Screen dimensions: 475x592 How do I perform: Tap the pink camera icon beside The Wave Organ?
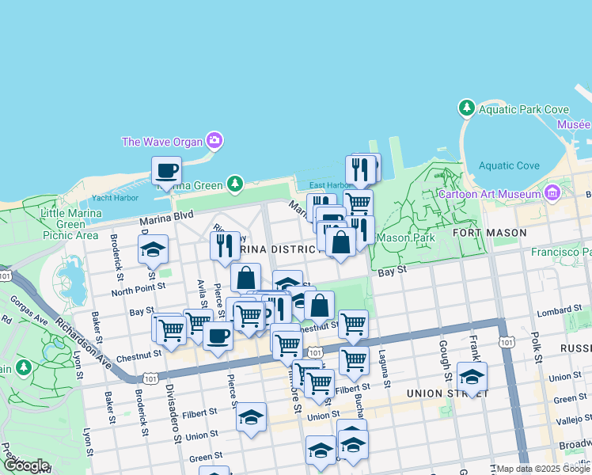click(x=214, y=142)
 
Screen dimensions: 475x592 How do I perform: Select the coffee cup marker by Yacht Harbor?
click(x=166, y=171)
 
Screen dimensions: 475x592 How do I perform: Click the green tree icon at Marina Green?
click(x=234, y=184)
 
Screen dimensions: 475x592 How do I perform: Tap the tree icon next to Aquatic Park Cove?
click(x=467, y=107)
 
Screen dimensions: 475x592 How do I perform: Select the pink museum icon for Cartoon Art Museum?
click(x=552, y=192)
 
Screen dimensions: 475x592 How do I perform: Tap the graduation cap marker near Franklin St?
click(x=472, y=377)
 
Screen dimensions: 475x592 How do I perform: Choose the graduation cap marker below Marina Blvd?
click(x=153, y=249)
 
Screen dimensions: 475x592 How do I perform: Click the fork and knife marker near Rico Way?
click(x=225, y=245)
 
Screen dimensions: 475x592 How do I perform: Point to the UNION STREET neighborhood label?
click(x=438, y=393)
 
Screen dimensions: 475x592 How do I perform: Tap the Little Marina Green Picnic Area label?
click(x=70, y=224)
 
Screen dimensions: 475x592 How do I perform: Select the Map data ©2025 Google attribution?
click(x=542, y=469)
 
